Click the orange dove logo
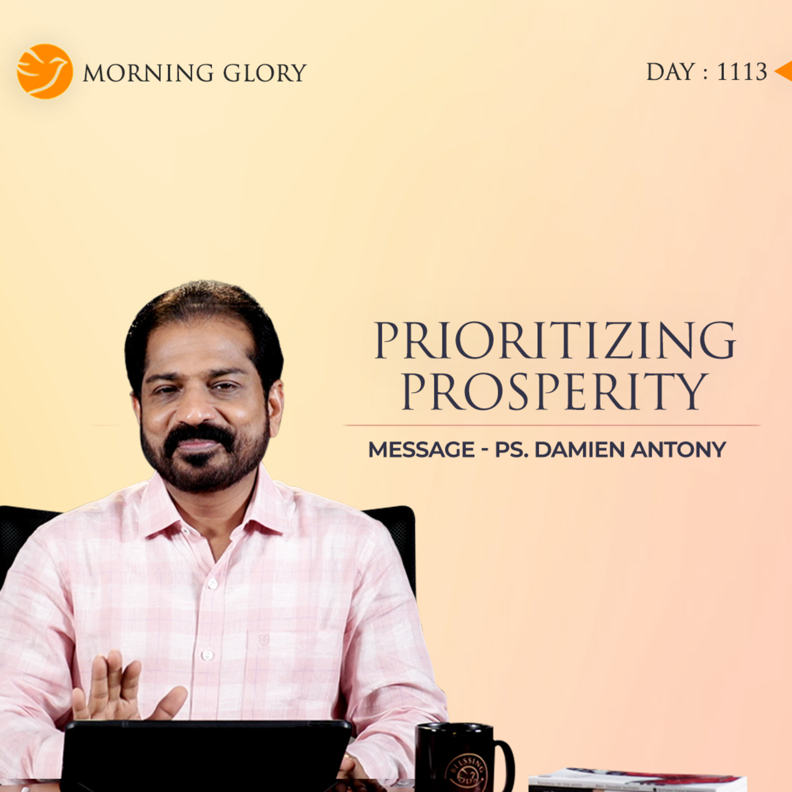point(45,72)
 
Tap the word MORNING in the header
point(148,73)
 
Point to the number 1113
point(742,72)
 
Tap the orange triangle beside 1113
point(784,72)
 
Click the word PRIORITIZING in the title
point(555,341)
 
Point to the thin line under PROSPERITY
point(551,426)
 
